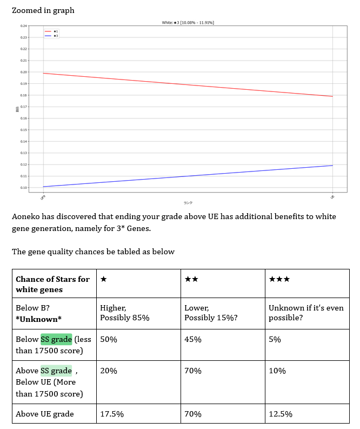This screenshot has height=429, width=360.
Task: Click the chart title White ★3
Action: pyautogui.click(x=191, y=23)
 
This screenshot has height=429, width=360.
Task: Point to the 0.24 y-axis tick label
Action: pyautogui.click(x=24, y=26)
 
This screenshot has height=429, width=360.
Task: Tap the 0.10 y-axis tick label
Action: pyautogui.click(x=24, y=188)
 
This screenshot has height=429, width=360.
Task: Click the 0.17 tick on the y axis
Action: pyautogui.click(x=24, y=107)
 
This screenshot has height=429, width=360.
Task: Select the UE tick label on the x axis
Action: pyautogui.click(x=332, y=196)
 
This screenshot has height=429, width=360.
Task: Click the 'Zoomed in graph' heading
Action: pyautogui.click(x=43, y=10)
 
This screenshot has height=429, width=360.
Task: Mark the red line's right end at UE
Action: pyautogui.click(x=332, y=96)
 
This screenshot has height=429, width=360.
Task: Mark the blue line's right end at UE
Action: pyautogui.click(x=332, y=166)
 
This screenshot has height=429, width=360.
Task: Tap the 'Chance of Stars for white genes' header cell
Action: pyautogui.click(x=53, y=284)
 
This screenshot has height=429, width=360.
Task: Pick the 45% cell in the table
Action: pyautogui.click(x=193, y=340)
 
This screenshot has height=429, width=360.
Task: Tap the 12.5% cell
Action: pyautogui.click(x=281, y=414)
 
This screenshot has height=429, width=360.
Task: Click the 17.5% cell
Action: pyautogui.click(x=112, y=414)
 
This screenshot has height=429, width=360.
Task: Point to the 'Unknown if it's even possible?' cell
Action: pyautogui.click(x=305, y=313)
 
